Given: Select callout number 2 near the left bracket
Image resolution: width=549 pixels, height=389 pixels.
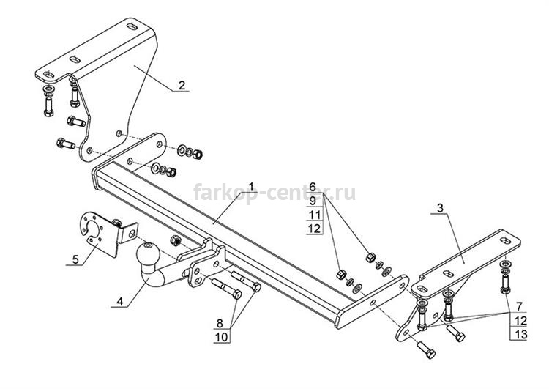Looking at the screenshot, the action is coord(182,85).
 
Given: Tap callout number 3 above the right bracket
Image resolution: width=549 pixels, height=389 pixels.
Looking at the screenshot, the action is coord(440,208).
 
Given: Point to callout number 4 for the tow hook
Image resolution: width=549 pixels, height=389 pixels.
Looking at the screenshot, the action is coord(120,301).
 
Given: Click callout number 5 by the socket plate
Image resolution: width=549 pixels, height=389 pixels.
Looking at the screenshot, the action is coord(75,259).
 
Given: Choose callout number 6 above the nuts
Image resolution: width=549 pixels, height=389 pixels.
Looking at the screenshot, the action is coord(313,187).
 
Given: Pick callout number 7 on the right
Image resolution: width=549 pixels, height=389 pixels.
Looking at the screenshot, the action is coord(519,306).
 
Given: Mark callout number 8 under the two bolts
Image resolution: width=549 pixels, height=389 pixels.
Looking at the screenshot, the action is coord(220,323).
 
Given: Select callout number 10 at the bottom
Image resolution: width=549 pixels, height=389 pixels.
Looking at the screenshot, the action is coord(222,337).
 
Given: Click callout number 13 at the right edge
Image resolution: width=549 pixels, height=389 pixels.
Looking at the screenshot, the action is coord(521,334).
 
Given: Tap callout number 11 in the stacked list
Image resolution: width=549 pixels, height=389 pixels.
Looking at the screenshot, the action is coord(315,215).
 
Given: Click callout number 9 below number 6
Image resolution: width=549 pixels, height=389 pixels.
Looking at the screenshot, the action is coord(313,201).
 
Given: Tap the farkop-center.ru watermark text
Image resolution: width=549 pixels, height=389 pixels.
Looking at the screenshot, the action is coord(274,193).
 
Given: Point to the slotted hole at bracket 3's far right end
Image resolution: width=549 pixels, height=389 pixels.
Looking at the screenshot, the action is coord(506,241).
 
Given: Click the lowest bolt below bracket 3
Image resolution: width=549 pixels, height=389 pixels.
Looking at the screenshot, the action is coord(426,349).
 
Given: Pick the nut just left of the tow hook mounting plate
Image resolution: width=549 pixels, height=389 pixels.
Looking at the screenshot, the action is coord(175,240).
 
